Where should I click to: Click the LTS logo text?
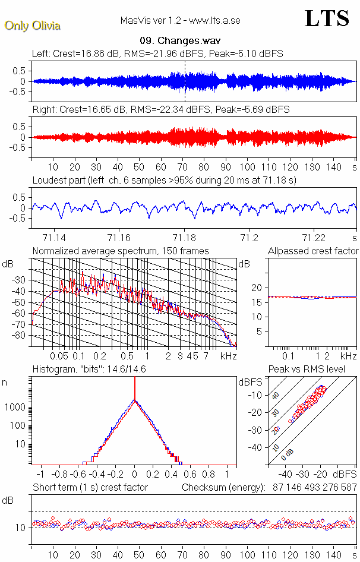[x=326, y=18]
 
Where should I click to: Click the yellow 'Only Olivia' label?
[x=33, y=26]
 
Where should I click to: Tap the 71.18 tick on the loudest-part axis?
[x=184, y=237]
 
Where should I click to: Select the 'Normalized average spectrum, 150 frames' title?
[x=121, y=251]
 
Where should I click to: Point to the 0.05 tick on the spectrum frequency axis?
[x=59, y=356]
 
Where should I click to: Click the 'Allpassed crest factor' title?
[x=313, y=251]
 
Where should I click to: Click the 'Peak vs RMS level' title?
[x=314, y=370]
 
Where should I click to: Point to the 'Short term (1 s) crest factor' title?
[x=90, y=488]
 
